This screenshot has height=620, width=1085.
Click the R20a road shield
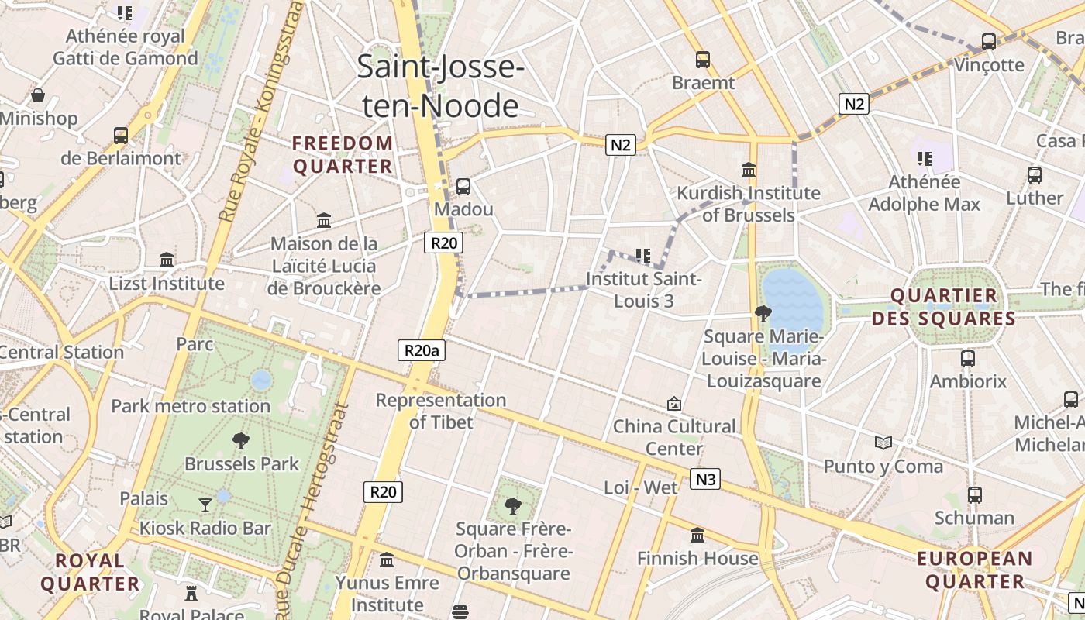[x=422, y=350]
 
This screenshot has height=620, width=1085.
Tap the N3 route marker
[x=705, y=480]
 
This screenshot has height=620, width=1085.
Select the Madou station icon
[x=463, y=186]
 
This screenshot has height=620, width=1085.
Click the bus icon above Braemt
[x=703, y=59]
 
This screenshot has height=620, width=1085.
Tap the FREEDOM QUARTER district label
[x=343, y=155]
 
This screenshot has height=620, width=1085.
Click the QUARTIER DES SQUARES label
[x=943, y=307]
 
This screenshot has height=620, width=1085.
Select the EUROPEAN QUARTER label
[x=974, y=570]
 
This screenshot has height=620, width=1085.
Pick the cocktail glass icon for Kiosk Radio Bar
[x=205, y=505]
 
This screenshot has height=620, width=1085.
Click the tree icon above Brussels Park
[x=241, y=441]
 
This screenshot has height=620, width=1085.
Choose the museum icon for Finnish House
[x=697, y=535]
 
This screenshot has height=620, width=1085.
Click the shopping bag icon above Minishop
[x=38, y=95]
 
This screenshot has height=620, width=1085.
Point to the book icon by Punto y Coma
[x=883, y=443]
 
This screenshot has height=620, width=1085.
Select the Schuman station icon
[x=974, y=494]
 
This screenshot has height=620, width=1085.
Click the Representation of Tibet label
[x=441, y=411]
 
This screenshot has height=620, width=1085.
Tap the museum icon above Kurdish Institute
[x=749, y=169]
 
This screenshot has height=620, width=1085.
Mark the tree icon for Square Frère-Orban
[x=512, y=506]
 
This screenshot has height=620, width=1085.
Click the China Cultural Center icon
[x=674, y=404]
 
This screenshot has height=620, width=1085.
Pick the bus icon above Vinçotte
[x=989, y=41]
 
